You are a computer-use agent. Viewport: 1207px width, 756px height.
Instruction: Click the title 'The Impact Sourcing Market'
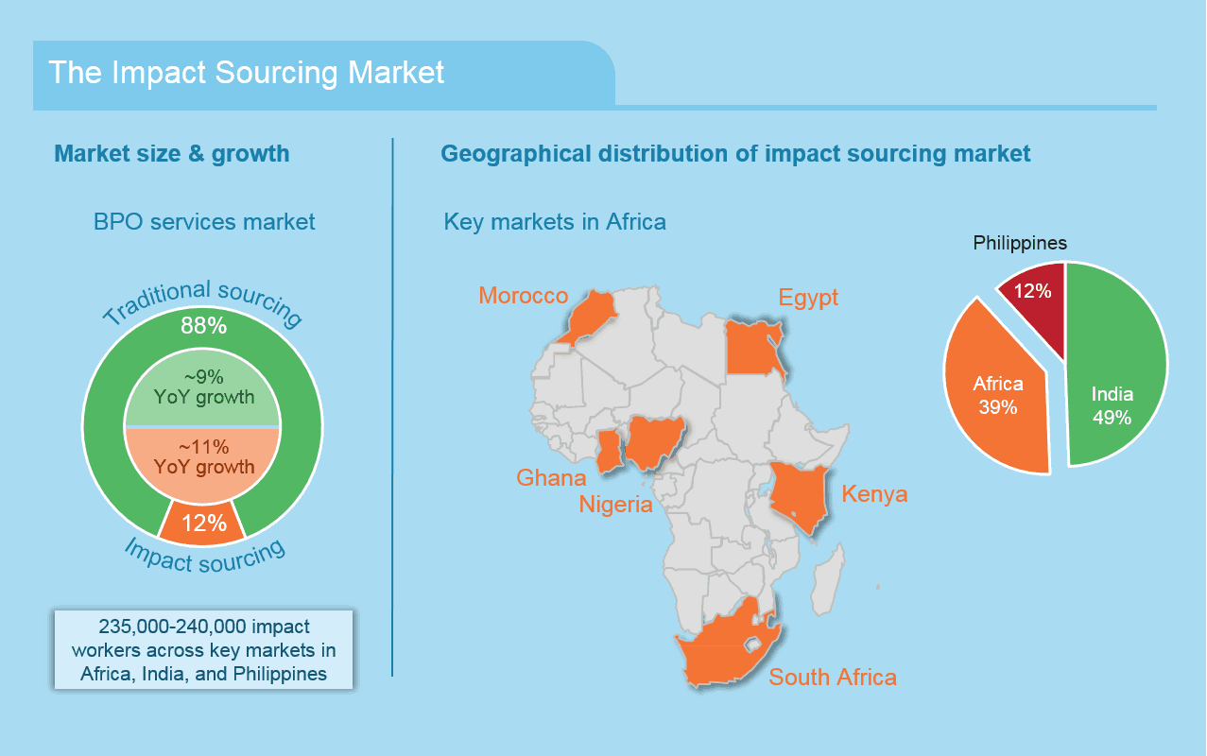247,72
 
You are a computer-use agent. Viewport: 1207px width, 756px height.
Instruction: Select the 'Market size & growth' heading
172,154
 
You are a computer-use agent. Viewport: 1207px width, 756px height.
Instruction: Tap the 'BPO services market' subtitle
204,222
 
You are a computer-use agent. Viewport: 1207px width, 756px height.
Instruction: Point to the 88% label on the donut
203,325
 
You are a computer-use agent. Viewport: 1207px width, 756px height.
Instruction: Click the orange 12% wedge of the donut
202,524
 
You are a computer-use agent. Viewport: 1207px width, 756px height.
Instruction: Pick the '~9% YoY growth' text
203,387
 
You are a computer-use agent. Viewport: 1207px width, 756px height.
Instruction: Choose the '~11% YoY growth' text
203,456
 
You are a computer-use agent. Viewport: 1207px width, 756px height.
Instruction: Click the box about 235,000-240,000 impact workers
203,650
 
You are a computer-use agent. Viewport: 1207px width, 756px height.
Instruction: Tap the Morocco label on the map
524,295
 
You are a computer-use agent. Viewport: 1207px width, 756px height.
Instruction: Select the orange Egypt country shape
751,349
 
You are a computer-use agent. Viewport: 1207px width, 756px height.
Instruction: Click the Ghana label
551,478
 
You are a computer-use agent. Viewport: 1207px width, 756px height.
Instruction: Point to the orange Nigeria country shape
654,440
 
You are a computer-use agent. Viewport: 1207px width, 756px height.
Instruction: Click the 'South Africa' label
833,678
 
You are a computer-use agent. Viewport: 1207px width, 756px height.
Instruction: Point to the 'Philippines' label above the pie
1020,243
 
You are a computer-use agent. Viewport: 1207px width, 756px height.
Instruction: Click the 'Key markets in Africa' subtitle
555,222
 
